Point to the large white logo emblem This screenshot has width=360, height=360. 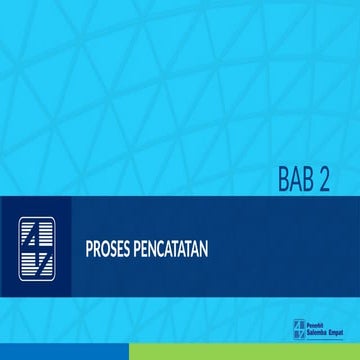coord(39,245)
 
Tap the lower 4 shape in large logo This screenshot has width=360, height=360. coord(39,260)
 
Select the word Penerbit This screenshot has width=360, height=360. coord(312,323)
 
